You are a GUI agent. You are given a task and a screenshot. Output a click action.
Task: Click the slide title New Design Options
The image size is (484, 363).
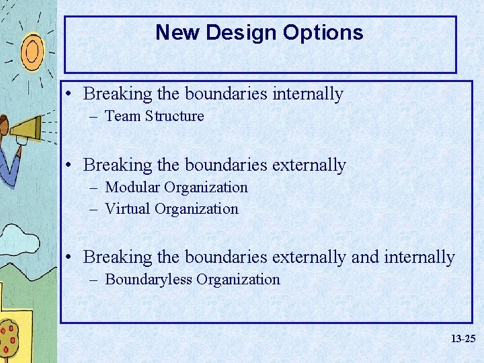click(259, 32)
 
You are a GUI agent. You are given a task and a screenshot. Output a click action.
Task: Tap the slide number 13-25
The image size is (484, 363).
click(463, 339)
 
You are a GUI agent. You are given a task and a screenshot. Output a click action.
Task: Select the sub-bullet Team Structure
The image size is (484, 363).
click(155, 116)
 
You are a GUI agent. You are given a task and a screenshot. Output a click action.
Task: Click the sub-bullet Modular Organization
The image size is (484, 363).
click(176, 188)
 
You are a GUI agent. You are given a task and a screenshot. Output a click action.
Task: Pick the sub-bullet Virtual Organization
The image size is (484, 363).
click(171, 209)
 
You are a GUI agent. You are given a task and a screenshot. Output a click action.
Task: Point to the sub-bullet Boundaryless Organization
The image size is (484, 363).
click(192, 280)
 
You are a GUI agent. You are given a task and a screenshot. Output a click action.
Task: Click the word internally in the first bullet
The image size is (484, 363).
click(307, 94)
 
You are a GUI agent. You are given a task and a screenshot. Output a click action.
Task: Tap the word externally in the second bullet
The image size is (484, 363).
click(309, 165)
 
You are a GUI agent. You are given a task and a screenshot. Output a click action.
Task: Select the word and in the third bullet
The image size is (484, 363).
click(365, 257)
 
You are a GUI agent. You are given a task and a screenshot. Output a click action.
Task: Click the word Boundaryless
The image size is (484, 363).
click(148, 280)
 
